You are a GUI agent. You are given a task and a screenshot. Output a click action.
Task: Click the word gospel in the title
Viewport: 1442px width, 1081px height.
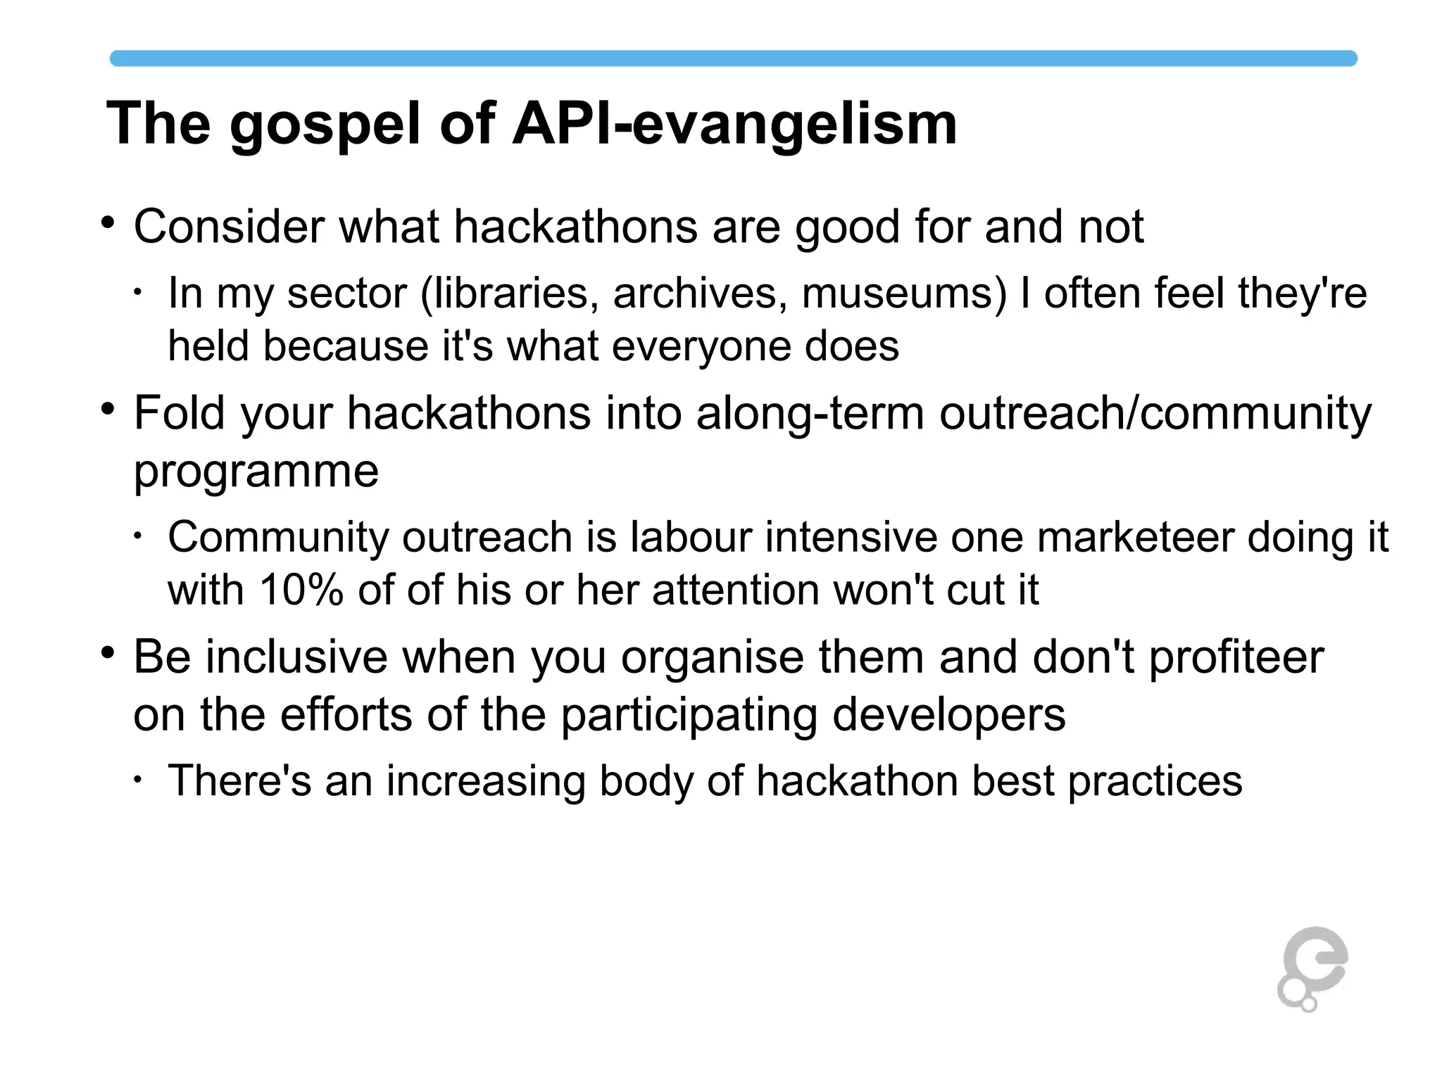tap(325, 125)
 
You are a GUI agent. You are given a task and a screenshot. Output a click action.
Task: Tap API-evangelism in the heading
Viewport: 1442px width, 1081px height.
tap(734, 124)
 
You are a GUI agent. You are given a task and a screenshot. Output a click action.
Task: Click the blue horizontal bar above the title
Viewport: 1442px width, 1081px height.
tap(733, 58)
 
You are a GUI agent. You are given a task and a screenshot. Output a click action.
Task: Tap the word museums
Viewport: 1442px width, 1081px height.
tap(904, 293)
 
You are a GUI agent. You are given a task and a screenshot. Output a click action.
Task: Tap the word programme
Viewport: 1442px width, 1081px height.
tap(256, 472)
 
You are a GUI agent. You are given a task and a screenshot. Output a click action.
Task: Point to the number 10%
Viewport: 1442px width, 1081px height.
tap(301, 590)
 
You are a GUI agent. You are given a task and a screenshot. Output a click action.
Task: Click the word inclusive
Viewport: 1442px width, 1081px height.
tap(296, 657)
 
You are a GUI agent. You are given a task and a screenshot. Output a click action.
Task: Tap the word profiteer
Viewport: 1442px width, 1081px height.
tap(1236, 657)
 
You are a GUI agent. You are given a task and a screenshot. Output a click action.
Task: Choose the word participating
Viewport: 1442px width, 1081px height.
tap(689, 715)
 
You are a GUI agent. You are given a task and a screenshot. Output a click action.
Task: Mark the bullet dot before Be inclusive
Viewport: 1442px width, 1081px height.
tap(107, 653)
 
